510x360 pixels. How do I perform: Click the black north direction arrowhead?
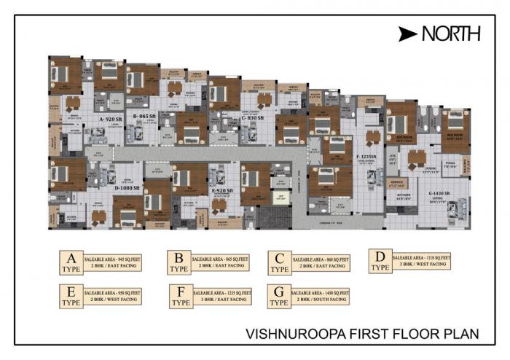pos(408,34)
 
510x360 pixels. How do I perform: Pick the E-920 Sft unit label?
pos(222,191)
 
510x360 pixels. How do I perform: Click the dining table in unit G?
pos(417,157)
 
